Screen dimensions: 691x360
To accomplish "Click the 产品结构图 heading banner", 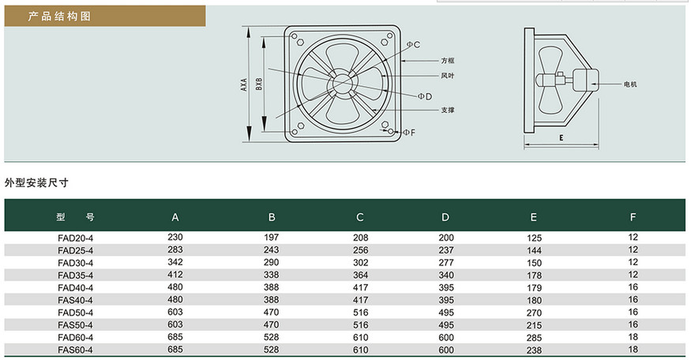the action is pyautogui.click(x=105, y=17).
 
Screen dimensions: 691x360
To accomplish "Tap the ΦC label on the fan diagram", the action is pyautogui.click(x=413, y=44).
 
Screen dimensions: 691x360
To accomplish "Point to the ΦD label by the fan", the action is pyautogui.click(x=425, y=96).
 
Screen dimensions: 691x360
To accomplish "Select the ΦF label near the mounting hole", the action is pyautogui.click(x=409, y=132).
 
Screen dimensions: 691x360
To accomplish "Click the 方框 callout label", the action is pyautogui.click(x=447, y=61).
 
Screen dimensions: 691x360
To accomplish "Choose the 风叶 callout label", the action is pyautogui.click(x=447, y=76).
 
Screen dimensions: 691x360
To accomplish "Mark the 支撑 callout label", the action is pyautogui.click(x=447, y=110).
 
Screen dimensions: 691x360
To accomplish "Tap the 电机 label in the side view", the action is pyautogui.click(x=630, y=84).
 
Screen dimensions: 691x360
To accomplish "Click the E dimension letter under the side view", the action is pyautogui.click(x=561, y=138).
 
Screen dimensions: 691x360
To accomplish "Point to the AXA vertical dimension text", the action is pyautogui.click(x=244, y=84).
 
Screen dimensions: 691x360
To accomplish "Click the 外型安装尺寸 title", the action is pyautogui.click(x=36, y=183).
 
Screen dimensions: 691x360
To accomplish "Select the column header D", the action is pyautogui.click(x=445, y=217).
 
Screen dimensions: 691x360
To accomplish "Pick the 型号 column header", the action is pyautogui.click(x=75, y=217).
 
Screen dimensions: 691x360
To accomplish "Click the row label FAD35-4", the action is pyautogui.click(x=75, y=276).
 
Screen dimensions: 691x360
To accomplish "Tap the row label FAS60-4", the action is pyautogui.click(x=75, y=351).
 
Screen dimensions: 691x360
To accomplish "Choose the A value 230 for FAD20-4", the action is pyautogui.click(x=175, y=237).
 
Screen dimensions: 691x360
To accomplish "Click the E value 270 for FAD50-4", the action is pyautogui.click(x=534, y=313).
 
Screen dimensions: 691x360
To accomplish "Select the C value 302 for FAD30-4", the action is pyautogui.click(x=360, y=263).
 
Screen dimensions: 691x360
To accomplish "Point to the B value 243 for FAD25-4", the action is pyautogui.click(x=271, y=249).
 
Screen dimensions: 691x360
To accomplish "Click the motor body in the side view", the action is pyautogui.click(x=582, y=81).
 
